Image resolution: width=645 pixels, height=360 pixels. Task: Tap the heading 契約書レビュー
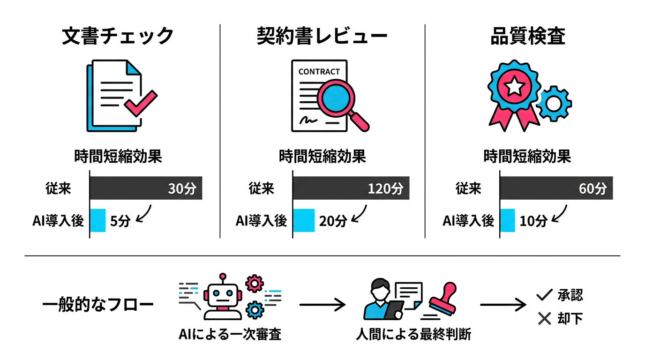point(322,37)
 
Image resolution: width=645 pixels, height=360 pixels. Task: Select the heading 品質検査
point(527,37)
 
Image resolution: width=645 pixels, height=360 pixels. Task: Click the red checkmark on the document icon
point(140,103)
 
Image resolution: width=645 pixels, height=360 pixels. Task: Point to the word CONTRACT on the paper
point(319,72)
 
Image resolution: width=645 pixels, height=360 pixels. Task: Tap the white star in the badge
point(514,85)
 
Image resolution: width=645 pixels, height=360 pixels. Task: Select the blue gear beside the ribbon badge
point(554,104)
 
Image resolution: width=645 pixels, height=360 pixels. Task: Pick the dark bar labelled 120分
point(351,188)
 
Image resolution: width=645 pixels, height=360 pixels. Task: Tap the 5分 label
point(119,220)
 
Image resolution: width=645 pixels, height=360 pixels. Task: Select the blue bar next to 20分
point(303,220)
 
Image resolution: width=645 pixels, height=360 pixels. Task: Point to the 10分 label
point(533,220)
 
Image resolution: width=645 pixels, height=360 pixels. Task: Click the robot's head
point(222,296)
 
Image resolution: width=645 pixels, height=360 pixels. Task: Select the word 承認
point(570,295)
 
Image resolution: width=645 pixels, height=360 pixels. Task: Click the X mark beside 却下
point(544,319)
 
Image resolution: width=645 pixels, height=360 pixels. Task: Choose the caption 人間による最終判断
point(413,335)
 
